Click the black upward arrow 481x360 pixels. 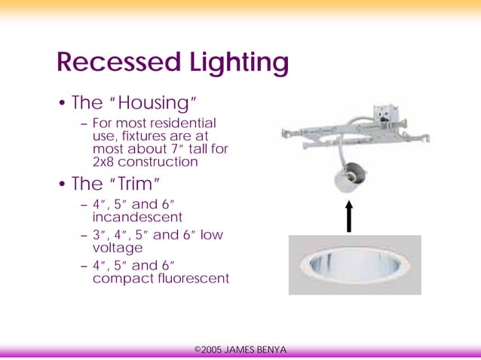point(349,216)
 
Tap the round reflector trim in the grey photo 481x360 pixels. point(354,264)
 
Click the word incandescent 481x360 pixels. point(133,217)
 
